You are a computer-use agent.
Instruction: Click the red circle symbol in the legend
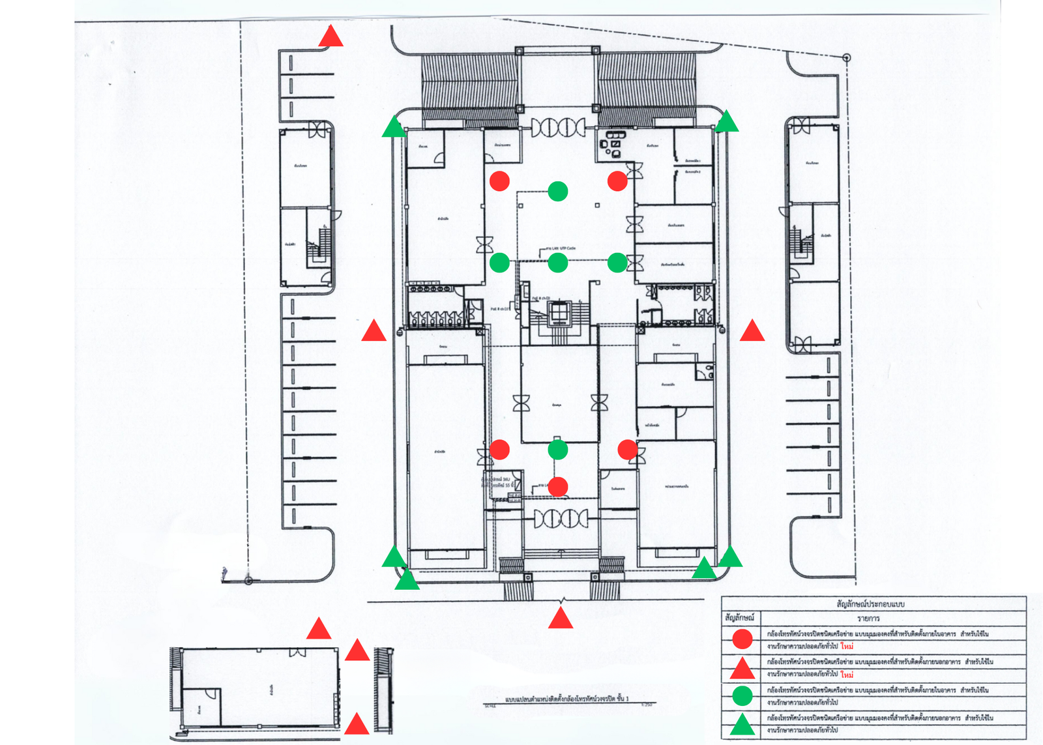tap(742, 639)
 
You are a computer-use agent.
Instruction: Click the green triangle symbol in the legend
tap(742, 725)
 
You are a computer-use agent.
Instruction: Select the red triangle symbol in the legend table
tap(742, 669)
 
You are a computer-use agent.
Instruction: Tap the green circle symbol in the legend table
tap(742, 696)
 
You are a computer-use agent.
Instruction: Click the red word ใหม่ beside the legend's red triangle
tap(847, 675)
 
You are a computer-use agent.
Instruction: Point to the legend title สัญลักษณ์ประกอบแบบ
tap(870, 604)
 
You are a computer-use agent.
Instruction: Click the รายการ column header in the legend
tap(869, 618)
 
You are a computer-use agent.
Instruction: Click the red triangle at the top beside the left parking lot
tap(331, 38)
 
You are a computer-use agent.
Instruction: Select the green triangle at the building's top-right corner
tap(726, 123)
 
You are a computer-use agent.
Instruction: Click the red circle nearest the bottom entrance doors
tap(558, 486)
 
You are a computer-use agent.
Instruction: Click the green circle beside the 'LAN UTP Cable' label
tap(558, 263)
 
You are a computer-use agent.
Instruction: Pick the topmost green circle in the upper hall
tap(558, 191)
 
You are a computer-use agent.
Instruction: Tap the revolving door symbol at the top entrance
tap(558, 127)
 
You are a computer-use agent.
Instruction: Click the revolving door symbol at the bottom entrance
tap(561, 519)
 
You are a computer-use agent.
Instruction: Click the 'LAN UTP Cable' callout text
tap(562, 248)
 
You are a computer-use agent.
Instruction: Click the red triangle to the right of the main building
tap(752, 332)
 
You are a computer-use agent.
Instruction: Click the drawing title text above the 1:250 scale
tap(567, 698)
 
